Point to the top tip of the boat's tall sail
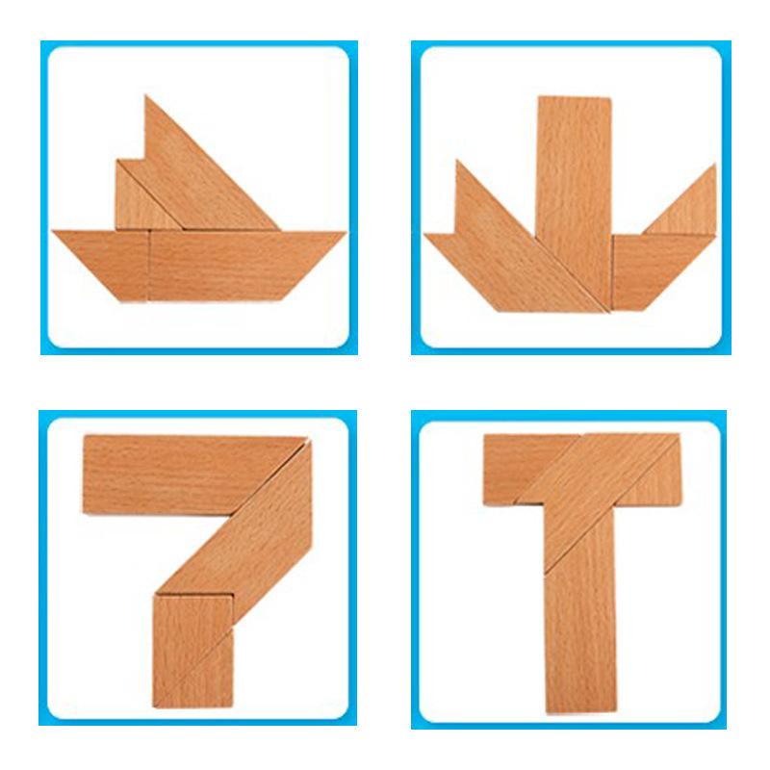click(146, 96)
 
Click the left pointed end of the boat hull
click(55, 232)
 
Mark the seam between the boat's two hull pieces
click(149, 265)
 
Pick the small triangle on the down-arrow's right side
click(688, 207)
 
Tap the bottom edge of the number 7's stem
click(192, 706)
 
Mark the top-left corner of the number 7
click(87, 438)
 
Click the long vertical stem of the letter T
click(580, 616)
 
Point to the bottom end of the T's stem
click(580, 710)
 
